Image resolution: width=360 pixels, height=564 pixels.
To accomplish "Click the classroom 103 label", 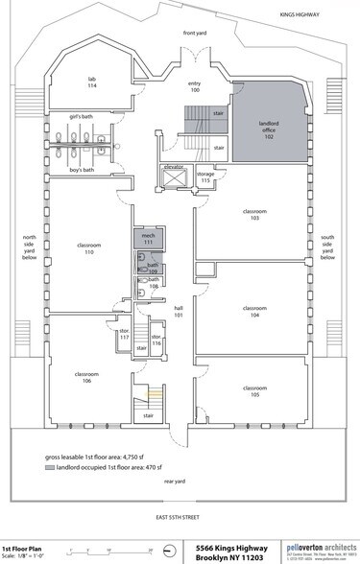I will pos(254,216).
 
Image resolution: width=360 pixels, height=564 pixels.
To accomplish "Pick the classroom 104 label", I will pos(254,311).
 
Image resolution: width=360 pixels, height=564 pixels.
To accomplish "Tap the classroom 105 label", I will pos(254,390).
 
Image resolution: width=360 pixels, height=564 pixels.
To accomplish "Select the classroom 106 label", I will pos(86,377).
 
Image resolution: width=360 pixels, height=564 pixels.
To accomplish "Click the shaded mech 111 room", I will pos(149,240).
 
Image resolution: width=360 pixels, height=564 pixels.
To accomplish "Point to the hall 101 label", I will pos(179,312).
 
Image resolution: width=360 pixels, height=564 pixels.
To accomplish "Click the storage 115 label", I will pos(204,177).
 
